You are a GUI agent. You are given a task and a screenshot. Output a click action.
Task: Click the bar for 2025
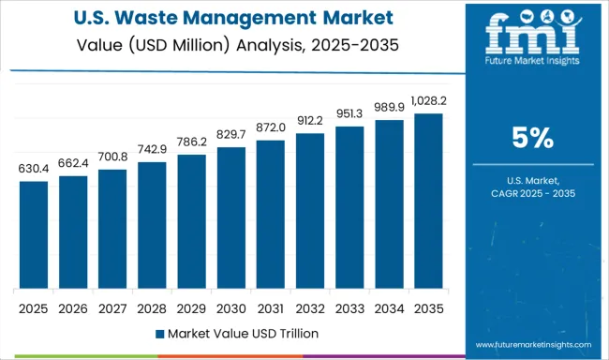click(34, 234)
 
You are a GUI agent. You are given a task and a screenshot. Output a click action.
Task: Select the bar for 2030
click(231, 217)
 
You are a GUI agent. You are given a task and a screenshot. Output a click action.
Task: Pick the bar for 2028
click(152, 225)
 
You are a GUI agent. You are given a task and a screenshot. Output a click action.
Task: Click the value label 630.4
click(34, 169)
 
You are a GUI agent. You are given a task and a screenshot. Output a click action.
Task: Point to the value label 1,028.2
click(428, 101)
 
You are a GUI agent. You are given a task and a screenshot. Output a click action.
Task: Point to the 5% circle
click(531, 140)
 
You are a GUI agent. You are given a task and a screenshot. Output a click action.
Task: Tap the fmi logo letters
click(531, 36)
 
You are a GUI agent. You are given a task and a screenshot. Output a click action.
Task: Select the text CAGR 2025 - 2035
click(531, 192)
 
